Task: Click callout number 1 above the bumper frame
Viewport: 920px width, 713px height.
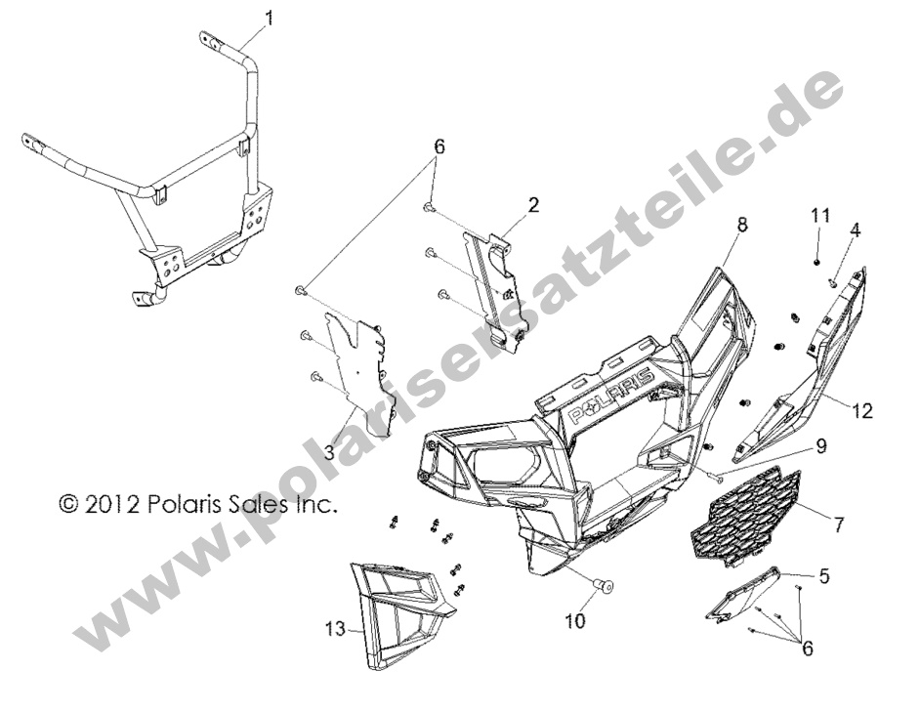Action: (269, 19)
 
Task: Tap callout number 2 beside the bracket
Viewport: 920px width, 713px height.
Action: (532, 205)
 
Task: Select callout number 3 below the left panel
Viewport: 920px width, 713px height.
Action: (329, 452)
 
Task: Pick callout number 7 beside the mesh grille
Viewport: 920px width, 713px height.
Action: (838, 524)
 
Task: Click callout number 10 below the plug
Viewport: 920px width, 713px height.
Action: (575, 621)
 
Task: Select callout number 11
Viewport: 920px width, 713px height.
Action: (820, 216)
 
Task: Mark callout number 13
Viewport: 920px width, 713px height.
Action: (336, 631)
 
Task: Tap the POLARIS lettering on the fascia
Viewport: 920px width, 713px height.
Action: (609, 395)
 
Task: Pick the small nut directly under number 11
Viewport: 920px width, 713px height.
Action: (816, 261)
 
